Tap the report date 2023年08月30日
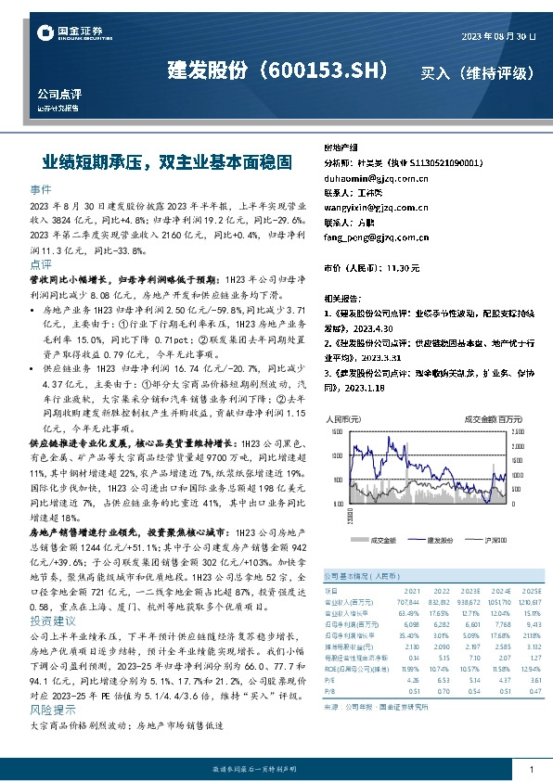click(x=498, y=36)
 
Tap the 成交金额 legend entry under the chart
click(x=382, y=539)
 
